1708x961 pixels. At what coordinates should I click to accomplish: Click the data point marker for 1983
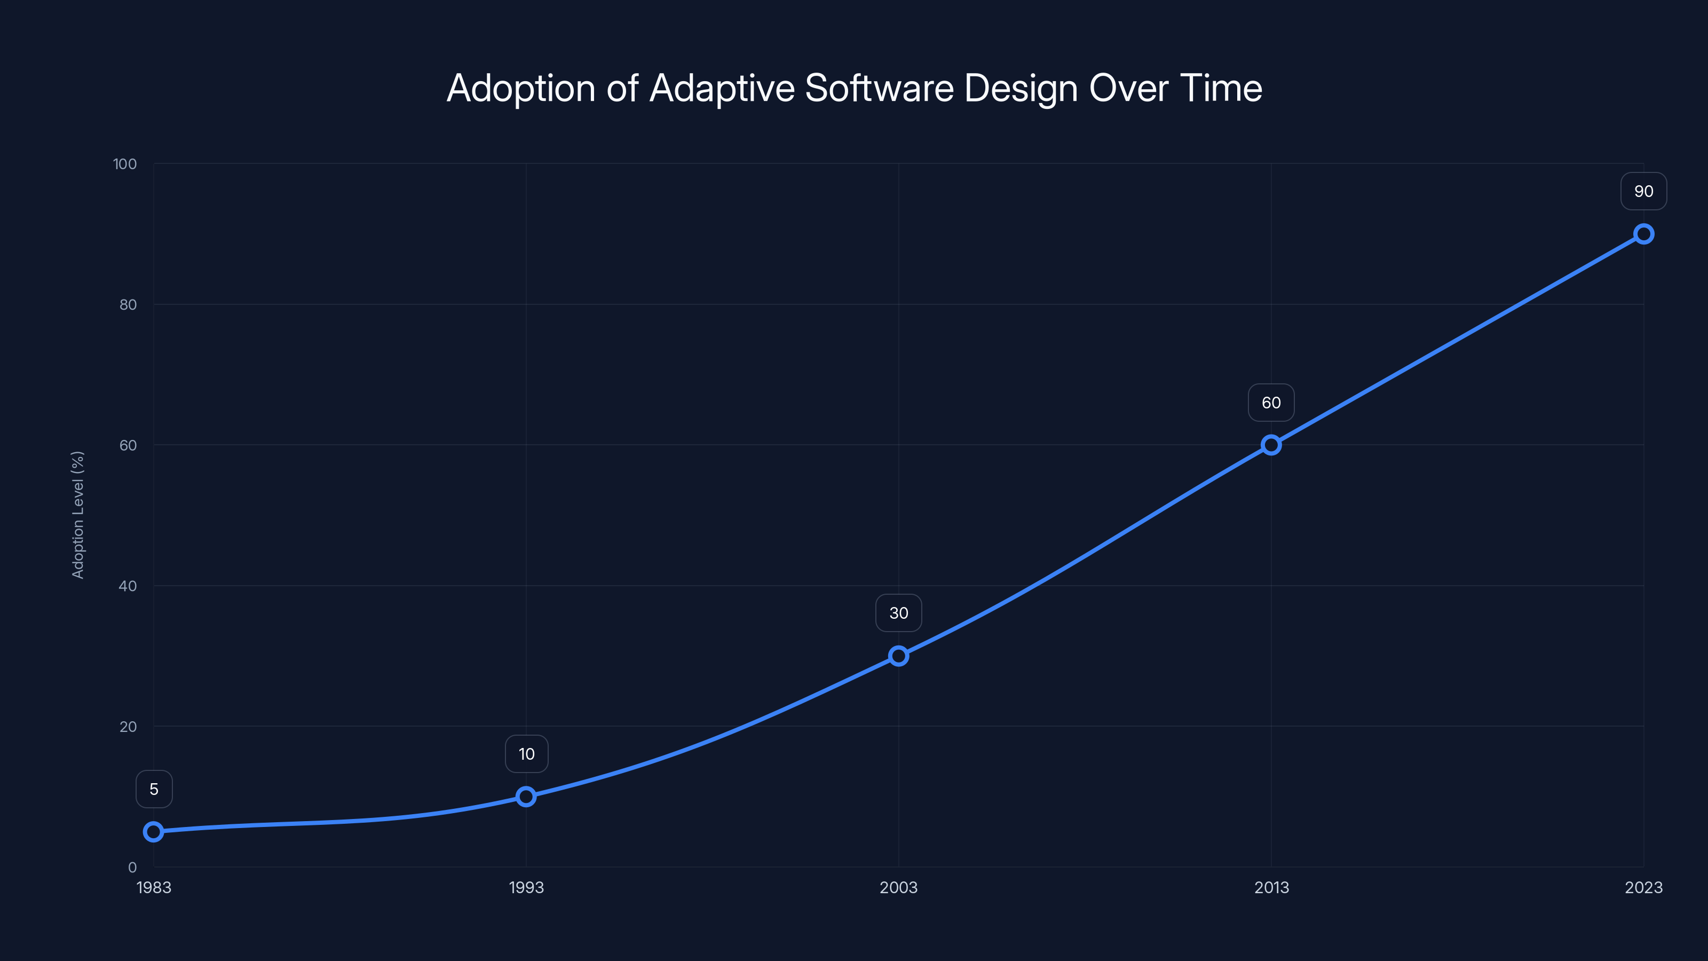click(154, 832)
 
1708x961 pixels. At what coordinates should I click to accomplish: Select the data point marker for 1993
click(526, 797)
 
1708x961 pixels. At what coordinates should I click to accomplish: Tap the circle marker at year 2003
click(898, 656)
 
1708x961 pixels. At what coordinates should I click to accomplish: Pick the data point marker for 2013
click(1271, 445)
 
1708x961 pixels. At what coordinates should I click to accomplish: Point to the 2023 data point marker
click(1644, 234)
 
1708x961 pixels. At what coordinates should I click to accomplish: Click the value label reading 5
click(154, 789)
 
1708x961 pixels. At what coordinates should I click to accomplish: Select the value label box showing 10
click(526, 754)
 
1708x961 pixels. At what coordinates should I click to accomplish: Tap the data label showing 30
click(898, 613)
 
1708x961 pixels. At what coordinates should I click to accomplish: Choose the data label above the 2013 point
click(1271, 403)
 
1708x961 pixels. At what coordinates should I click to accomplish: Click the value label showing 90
click(1644, 192)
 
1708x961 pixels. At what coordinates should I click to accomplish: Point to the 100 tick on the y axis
click(125, 164)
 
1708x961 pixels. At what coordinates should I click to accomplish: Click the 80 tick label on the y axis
click(128, 304)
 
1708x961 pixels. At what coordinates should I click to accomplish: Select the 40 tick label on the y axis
click(128, 586)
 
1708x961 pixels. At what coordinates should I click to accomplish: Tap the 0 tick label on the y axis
click(132, 868)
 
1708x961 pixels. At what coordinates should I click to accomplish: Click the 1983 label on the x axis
click(154, 887)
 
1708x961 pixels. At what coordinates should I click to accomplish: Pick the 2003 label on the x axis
click(898, 887)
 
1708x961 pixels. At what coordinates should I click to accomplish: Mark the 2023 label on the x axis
click(1644, 887)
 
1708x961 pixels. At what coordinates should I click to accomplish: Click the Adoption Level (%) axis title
click(77, 515)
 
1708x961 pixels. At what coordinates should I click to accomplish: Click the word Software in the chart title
click(879, 88)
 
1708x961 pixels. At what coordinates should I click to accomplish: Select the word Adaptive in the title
click(722, 88)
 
